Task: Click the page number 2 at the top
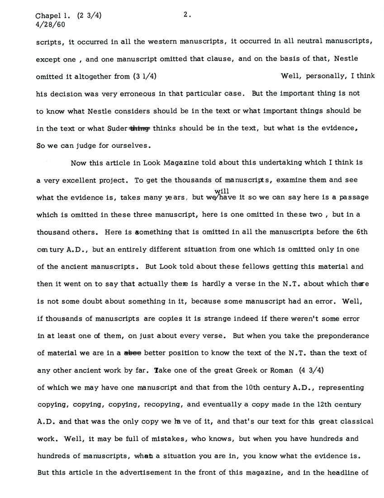pyautogui.click(x=186, y=14)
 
